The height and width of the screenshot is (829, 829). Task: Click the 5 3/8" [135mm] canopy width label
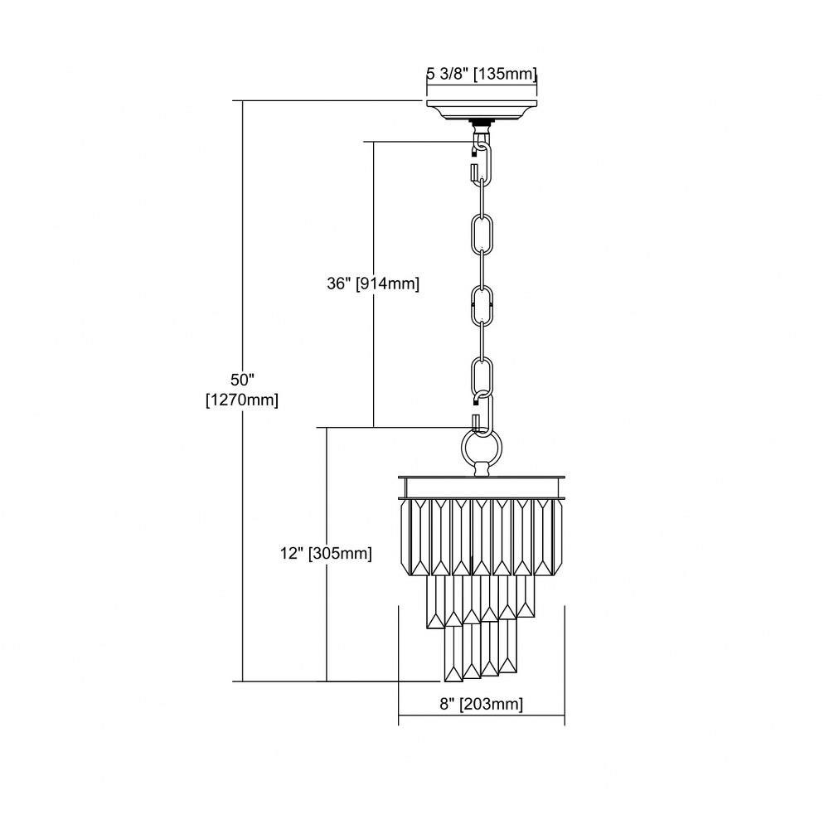pyautogui.click(x=482, y=74)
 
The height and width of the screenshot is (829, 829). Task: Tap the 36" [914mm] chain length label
pyautogui.click(x=373, y=284)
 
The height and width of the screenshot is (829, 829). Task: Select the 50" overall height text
pyautogui.click(x=243, y=380)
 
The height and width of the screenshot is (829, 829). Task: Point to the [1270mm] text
pyautogui.click(x=242, y=400)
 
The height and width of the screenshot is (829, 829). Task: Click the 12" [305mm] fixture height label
pyautogui.click(x=326, y=554)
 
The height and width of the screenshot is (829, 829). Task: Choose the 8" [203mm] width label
pyautogui.click(x=481, y=704)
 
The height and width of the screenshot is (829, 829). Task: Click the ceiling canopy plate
pyautogui.click(x=482, y=110)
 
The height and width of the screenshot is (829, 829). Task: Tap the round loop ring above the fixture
pyautogui.click(x=482, y=448)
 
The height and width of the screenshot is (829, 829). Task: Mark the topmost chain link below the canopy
pyautogui.click(x=482, y=162)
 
